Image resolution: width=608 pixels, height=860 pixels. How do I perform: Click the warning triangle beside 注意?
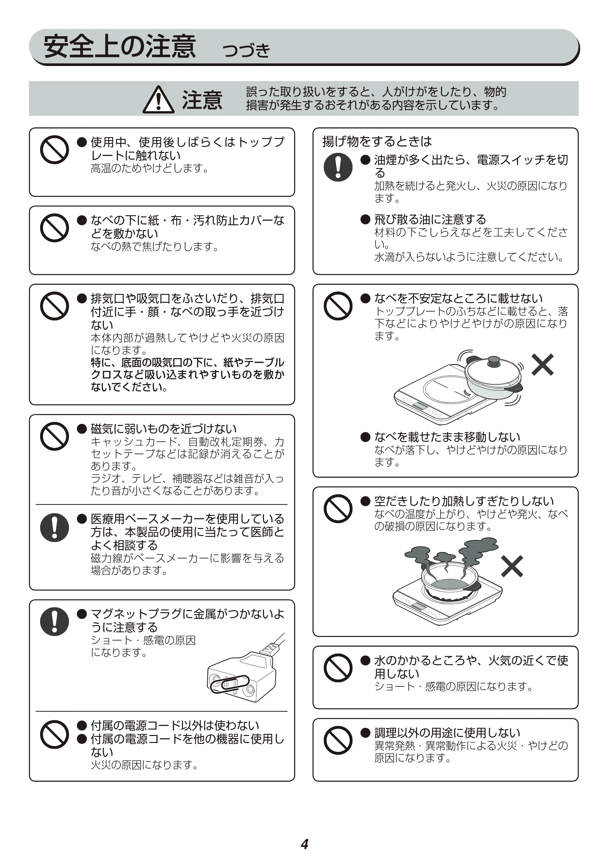click(x=158, y=100)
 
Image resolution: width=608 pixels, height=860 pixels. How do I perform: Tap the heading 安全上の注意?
click(x=120, y=47)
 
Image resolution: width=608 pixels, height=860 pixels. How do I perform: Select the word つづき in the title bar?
click(x=246, y=50)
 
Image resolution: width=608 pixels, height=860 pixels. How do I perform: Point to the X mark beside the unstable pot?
click(x=542, y=364)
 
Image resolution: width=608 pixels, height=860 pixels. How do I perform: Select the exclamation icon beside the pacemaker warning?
click(x=55, y=528)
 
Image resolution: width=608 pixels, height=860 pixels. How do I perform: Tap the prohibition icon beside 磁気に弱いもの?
click(x=55, y=436)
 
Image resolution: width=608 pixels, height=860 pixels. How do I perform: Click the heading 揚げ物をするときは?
click(x=377, y=142)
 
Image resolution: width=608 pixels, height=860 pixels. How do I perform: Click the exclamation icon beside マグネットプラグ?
click(x=55, y=622)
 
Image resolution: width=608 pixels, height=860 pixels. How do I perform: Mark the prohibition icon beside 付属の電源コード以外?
click(x=55, y=734)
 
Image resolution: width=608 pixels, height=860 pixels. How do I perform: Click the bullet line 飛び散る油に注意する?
click(x=423, y=219)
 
